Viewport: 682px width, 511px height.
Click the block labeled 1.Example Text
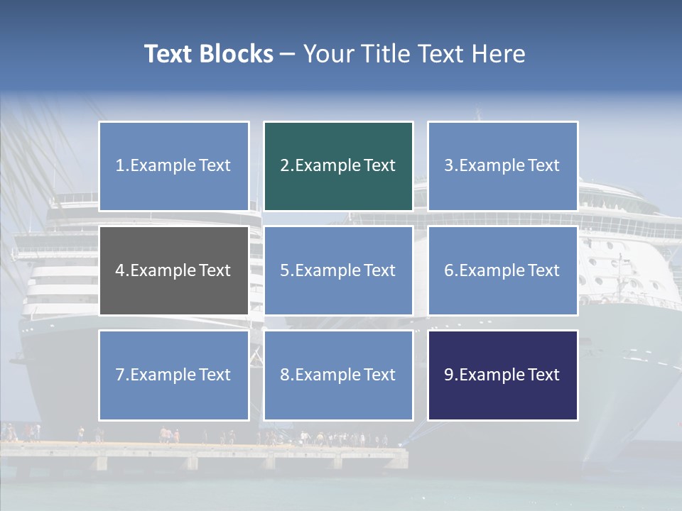(174, 166)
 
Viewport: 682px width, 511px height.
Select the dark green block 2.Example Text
(338, 166)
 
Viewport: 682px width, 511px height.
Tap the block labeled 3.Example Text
(502, 166)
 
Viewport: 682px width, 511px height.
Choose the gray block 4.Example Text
(174, 270)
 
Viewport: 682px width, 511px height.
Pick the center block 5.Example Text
(338, 270)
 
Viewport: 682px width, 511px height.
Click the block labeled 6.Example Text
(502, 270)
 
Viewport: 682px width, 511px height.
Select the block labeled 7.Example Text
(174, 375)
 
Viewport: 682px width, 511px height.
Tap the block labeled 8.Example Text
(338, 375)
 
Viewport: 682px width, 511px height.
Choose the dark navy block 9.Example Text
(502, 375)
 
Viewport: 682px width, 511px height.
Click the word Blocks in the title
(238, 54)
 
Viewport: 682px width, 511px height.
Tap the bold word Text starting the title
(170, 54)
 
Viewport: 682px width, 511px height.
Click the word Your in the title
(326, 54)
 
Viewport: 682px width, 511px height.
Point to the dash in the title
(288, 55)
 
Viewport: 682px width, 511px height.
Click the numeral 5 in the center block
(284, 270)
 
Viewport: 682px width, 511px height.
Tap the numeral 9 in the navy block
(449, 375)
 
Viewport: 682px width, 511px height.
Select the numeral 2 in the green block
(284, 166)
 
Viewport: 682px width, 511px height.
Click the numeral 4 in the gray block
(120, 270)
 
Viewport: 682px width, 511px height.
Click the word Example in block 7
(163, 375)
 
